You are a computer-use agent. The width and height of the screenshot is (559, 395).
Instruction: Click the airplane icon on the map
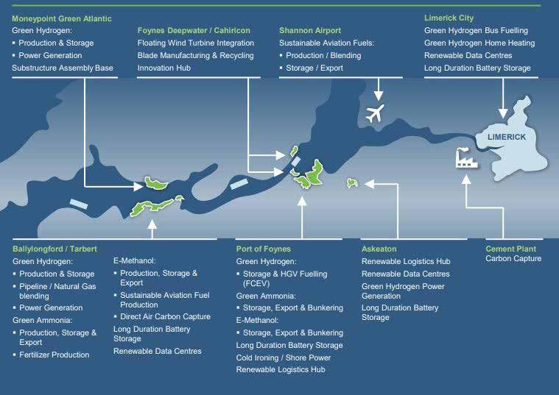click(376, 114)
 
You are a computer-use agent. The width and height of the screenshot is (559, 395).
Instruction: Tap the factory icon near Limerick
click(466, 157)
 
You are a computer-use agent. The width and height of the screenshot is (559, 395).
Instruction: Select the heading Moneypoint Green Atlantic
click(62, 18)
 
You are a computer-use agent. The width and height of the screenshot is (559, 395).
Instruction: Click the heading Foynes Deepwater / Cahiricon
click(194, 31)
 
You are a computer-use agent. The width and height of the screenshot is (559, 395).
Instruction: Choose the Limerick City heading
click(449, 18)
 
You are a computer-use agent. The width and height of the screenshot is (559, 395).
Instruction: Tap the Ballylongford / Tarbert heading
click(55, 249)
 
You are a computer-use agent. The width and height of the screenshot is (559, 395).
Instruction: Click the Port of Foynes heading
click(263, 249)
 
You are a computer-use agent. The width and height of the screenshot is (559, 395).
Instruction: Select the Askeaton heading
click(379, 249)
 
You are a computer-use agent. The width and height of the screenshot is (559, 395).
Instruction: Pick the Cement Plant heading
click(510, 249)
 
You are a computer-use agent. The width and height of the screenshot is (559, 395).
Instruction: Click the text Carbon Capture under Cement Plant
click(513, 259)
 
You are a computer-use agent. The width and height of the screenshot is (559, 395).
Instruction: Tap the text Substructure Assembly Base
click(63, 68)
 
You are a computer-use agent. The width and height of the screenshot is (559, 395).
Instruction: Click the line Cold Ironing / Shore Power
click(283, 357)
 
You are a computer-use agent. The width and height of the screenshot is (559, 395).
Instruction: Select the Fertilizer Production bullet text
click(54, 355)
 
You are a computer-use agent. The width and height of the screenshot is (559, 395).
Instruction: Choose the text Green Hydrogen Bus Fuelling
click(476, 31)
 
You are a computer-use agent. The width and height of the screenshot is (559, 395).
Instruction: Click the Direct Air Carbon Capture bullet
click(165, 316)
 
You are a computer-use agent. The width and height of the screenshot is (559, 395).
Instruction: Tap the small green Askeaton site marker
click(352, 182)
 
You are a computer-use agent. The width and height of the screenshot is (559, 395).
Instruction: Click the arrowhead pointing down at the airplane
click(379, 95)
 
